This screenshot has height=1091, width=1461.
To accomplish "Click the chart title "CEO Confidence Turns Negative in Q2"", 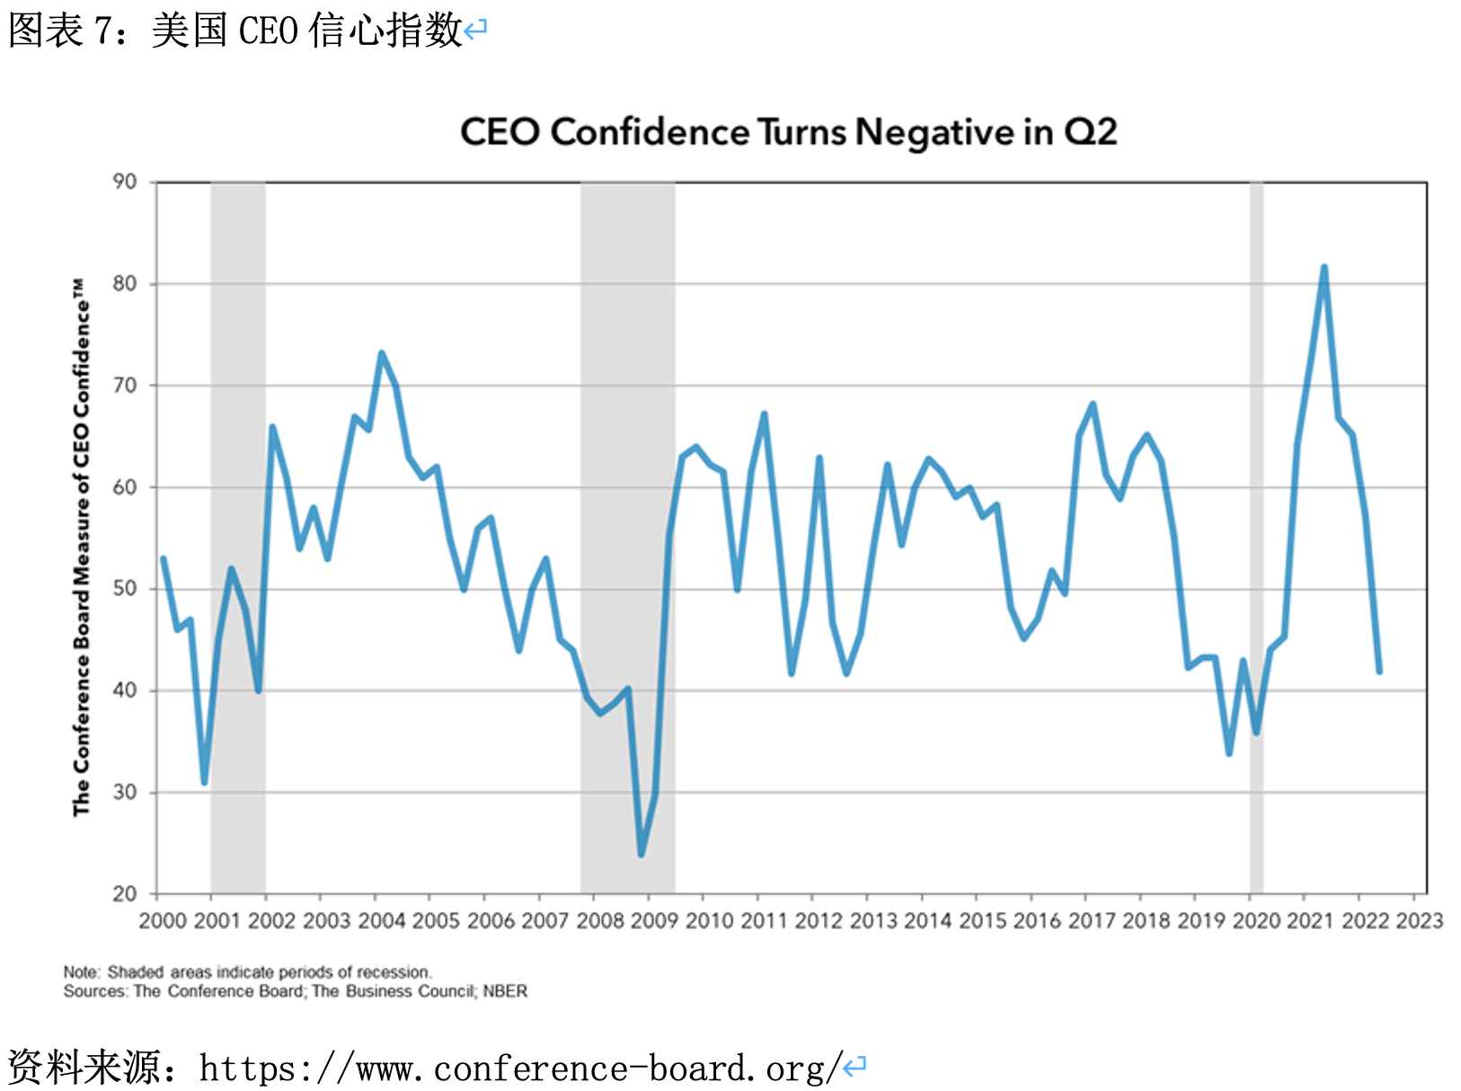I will tap(788, 132).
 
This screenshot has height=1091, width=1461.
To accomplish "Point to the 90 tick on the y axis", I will tap(125, 182).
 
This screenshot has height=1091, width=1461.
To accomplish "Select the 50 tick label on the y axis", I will tap(125, 589).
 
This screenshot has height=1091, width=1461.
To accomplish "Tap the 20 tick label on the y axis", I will tap(125, 893).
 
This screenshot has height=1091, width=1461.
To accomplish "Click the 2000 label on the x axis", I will tap(163, 920).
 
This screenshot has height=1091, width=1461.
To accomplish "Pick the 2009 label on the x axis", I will tap(654, 920).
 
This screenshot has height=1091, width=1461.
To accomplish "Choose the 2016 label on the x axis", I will tap(1037, 920).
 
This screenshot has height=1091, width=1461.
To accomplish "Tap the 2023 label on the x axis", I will tap(1419, 920).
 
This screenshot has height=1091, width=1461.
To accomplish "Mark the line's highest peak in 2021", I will tap(1324, 268).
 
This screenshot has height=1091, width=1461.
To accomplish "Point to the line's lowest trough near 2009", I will tap(642, 854).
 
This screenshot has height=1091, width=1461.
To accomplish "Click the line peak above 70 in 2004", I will tap(381, 353).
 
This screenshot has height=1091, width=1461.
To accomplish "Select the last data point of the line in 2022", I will tap(1378, 670).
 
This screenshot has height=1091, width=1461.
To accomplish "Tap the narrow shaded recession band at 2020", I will tap(1256, 539).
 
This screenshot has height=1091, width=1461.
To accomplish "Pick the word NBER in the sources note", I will tap(505, 991).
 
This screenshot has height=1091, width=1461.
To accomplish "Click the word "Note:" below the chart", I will tap(82, 972).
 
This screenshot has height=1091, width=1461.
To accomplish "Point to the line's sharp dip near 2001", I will tap(205, 782).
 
